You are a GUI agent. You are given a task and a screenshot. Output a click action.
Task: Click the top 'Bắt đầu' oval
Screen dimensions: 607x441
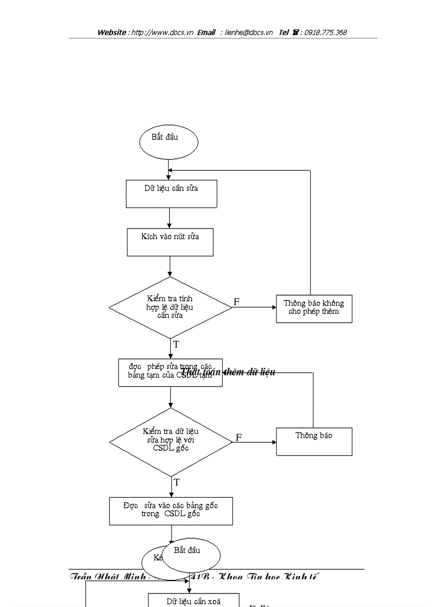(169, 142)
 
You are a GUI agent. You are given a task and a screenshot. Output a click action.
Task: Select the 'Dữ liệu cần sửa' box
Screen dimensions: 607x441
(171, 194)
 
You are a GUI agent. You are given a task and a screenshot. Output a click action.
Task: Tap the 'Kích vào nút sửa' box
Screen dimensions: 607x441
(170, 242)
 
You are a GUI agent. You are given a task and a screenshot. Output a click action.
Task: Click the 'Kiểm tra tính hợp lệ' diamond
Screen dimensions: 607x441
(170, 307)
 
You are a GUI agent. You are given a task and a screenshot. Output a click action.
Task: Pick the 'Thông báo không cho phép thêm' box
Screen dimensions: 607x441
(314, 309)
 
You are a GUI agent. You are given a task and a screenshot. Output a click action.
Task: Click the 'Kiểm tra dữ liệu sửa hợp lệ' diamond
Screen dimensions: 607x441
(171, 440)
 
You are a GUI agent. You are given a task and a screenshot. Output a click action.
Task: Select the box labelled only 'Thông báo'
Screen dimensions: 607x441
(314, 441)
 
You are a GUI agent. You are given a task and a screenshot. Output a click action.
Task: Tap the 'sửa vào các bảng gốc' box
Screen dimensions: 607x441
(171, 511)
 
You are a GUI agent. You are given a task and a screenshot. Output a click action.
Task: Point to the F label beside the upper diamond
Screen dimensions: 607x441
(237, 302)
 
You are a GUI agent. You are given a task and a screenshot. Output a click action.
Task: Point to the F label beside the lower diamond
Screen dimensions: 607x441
(238, 437)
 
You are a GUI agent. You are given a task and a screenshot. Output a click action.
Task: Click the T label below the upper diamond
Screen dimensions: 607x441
(176, 344)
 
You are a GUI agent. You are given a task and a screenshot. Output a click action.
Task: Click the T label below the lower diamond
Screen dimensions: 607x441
(176, 482)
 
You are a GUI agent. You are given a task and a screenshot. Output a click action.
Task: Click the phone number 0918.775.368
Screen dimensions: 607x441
(325, 32)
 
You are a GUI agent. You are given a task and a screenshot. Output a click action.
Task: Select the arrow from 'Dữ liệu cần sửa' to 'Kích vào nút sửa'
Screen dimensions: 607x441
(170, 218)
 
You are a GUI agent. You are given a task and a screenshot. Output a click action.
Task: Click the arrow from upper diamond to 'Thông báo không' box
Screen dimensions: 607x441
(254, 307)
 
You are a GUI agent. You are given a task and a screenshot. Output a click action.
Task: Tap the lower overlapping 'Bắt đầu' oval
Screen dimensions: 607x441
(191, 555)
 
